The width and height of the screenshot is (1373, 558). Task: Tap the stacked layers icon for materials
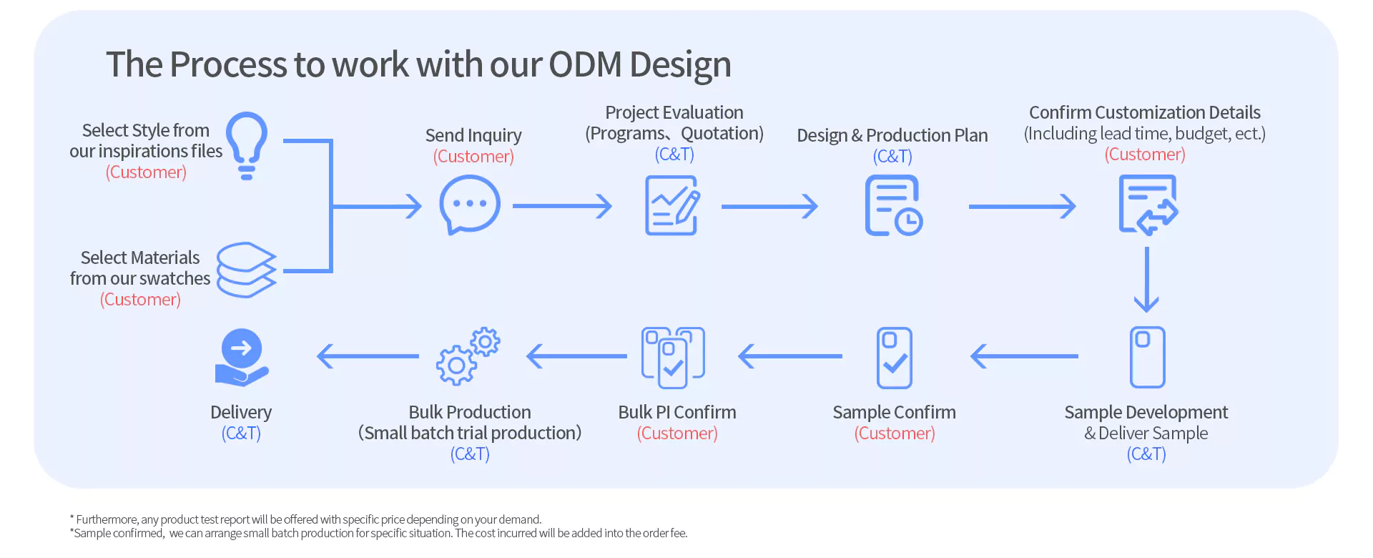click(246, 270)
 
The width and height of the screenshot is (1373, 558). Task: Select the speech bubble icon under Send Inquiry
click(470, 205)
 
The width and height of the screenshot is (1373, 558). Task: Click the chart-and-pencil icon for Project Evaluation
click(672, 205)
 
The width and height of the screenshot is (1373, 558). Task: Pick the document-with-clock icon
click(893, 205)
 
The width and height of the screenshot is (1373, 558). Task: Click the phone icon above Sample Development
click(1147, 357)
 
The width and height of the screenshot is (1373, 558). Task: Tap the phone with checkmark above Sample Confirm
click(894, 358)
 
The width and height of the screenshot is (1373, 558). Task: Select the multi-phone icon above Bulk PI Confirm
click(673, 358)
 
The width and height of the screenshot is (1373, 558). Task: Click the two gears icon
click(468, 356)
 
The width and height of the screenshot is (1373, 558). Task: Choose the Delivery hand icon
click(242, 358)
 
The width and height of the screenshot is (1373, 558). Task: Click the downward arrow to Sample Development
click(1146, 280)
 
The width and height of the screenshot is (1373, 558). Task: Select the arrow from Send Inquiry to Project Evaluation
click(562, 206)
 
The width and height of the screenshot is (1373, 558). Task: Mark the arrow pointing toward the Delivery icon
click(368, 356)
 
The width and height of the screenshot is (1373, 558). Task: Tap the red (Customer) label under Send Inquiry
click(473, 157)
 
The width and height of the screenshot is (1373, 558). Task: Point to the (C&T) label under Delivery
click(241, 434)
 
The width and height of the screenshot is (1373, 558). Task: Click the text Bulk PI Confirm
click(677, 412)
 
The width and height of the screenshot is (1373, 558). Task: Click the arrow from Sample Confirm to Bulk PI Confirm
click(790, 356)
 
